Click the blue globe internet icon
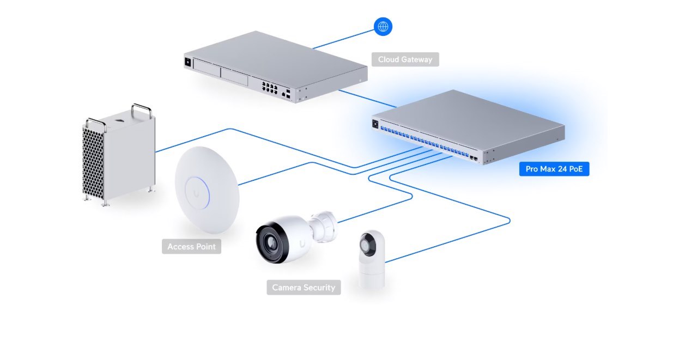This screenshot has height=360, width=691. [383, 26]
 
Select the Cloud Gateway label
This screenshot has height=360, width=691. [405, 59]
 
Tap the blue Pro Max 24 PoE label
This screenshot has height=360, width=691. [554, 169]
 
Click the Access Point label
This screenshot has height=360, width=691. [191, 247]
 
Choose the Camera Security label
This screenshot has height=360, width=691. [304, 288]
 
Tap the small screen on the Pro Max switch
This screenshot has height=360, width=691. [375, 124]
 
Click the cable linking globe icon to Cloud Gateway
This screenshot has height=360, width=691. [343, 39]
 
